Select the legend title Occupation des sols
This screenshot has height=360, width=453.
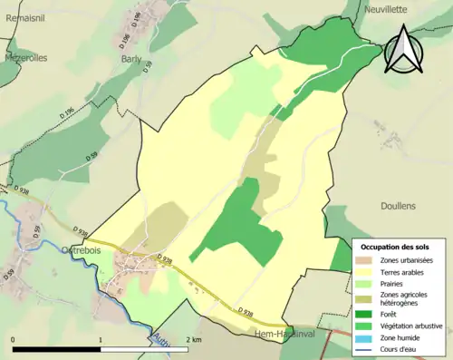coord(395,247)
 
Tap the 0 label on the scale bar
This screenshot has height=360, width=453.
coord(13,339)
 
